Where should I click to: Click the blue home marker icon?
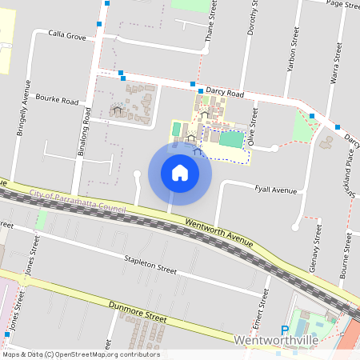click(179, 172)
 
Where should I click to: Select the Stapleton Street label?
click(150, 264)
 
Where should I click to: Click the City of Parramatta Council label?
click(69, 198)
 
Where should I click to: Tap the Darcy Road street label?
click(224, 93)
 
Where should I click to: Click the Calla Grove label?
click(66, 35)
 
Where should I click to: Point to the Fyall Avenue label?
click(274, 190)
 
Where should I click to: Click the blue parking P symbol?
click(284, 330)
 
